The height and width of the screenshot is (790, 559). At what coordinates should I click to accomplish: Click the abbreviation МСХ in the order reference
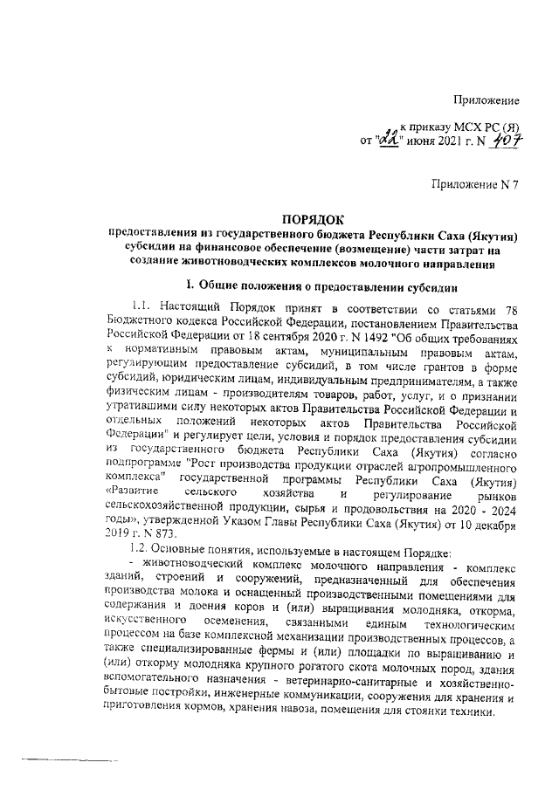click(467, 126)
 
